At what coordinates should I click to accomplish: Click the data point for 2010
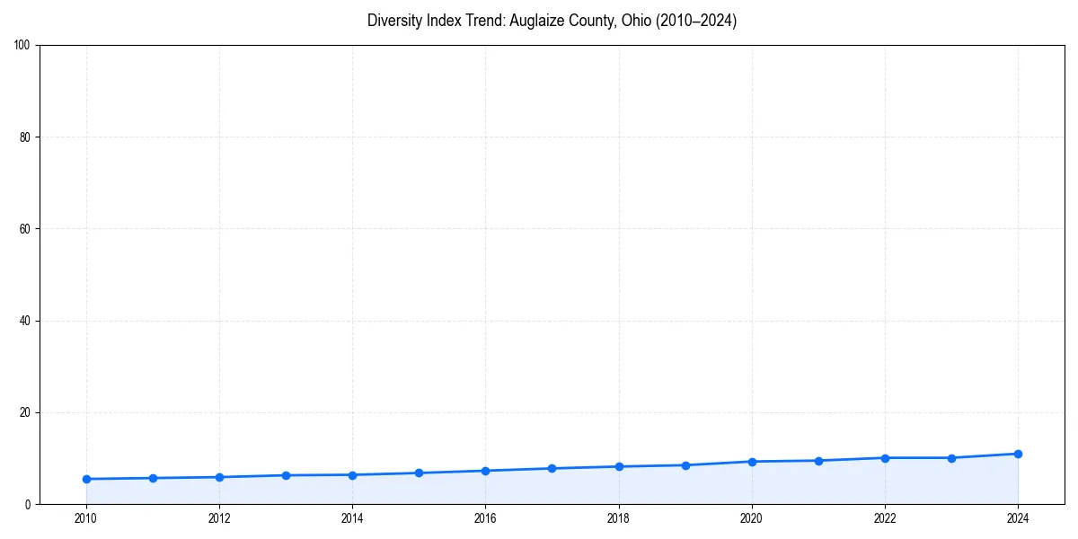point(86,479)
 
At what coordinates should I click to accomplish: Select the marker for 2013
point(286,475)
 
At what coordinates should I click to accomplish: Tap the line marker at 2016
point(485,471)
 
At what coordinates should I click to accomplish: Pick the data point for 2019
point(685,465)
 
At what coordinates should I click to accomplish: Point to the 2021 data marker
point(818,461)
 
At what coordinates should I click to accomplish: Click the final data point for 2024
point(1018,454)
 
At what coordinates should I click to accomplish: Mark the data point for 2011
point(153,478)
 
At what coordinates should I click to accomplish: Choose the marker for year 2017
point(552,468)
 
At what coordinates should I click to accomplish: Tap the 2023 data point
point(951,458)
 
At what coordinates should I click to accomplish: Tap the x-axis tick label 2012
point(219,518)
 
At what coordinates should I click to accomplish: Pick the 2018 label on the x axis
point(618,518)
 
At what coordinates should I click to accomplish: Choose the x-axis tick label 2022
point(885,518)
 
